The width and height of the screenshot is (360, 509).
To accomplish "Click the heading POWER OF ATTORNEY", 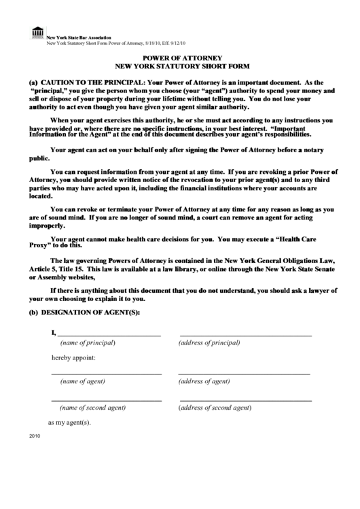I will click(180, 58).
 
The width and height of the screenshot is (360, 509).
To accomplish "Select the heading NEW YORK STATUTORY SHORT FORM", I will click(180, 67).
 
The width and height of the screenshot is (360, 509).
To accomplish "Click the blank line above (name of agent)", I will click(107, 374).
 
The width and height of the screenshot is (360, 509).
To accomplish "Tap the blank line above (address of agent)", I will click(244, 374).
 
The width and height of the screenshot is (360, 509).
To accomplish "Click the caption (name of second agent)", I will click(92, 408).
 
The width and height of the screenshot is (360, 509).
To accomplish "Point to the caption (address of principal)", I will click(213, 343).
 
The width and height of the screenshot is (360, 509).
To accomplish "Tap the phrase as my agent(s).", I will click(69, 422).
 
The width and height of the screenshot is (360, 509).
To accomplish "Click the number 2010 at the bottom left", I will click(35, 436).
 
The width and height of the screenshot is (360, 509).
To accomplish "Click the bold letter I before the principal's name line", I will click(53, 333).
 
